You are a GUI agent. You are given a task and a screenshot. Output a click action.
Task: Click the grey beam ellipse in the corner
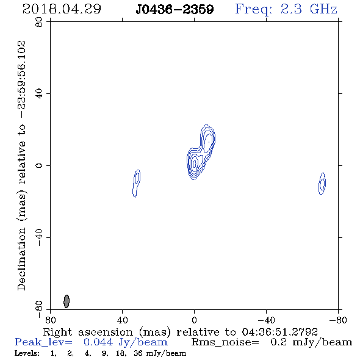67,301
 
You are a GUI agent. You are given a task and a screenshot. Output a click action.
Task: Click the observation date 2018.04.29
62,9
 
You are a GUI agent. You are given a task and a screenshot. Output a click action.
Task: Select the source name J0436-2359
175,9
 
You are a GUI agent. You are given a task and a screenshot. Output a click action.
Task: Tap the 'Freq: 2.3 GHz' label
286,9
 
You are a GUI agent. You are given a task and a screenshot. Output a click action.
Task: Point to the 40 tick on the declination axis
39,94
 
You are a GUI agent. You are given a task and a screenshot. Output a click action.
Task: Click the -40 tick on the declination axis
39,237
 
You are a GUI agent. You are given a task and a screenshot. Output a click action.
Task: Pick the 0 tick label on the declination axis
39,165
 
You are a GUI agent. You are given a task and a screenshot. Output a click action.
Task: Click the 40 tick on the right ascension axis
123,320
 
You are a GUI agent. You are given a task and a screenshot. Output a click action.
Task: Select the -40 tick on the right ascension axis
266,320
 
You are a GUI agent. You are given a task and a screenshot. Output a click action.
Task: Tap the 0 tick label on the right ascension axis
194,320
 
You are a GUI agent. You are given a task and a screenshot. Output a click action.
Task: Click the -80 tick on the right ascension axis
338,320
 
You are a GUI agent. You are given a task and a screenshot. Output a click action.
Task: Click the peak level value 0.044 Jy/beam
125,342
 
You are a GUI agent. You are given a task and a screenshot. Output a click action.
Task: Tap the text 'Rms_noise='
225,342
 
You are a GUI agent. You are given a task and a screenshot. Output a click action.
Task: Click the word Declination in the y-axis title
21,259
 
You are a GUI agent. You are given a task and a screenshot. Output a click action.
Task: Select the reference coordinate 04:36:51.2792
279,332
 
